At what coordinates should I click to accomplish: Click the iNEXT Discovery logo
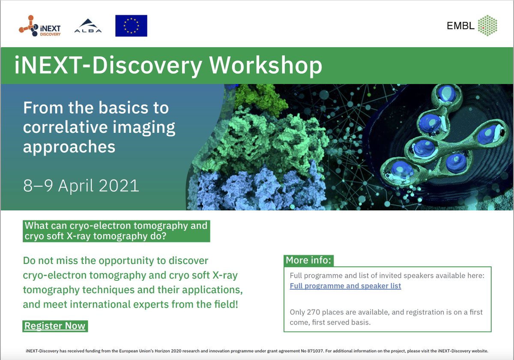(39, 26)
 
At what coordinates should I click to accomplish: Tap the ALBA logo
(87, 27)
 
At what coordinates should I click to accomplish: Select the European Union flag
(131, 26)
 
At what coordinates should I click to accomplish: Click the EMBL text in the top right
(460, 26)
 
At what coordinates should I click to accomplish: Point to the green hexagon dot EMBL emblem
(487, 26)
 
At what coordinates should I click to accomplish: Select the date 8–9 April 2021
(81, 186)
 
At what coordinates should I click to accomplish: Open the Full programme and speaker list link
(345, 286)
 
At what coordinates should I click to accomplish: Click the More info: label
(308, 261)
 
